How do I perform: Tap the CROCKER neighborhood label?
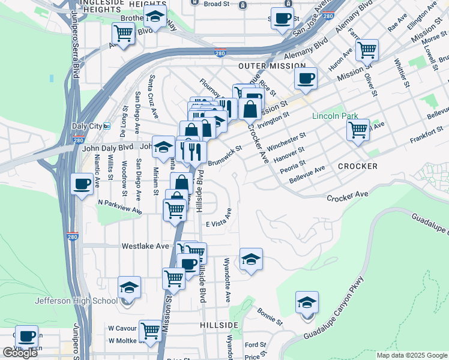click(x=357, y=166)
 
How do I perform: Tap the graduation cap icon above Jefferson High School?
click(x=129, y=287)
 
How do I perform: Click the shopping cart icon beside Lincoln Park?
click(x=358, y=128)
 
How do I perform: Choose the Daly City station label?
click(x=88, y=126)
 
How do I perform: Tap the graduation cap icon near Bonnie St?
click(x=307, y=302)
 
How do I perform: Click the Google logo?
click(x=20, y=353)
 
